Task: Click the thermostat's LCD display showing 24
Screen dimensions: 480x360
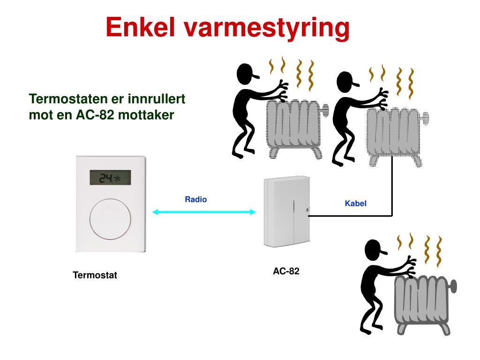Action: click(110, 177)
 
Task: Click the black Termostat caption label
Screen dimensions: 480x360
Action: click(95, 275)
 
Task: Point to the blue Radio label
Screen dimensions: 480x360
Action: click(195, 199)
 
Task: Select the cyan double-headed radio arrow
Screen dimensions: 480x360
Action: click(204, 212)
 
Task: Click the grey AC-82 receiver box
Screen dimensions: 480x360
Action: click(286, 212)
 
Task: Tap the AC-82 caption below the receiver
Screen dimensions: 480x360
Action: click(286, 271)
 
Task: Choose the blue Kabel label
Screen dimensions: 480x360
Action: click(355, 203)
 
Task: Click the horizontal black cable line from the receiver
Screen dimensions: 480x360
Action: click(349, 216)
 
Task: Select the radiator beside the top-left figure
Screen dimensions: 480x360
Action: click(296, 126)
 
